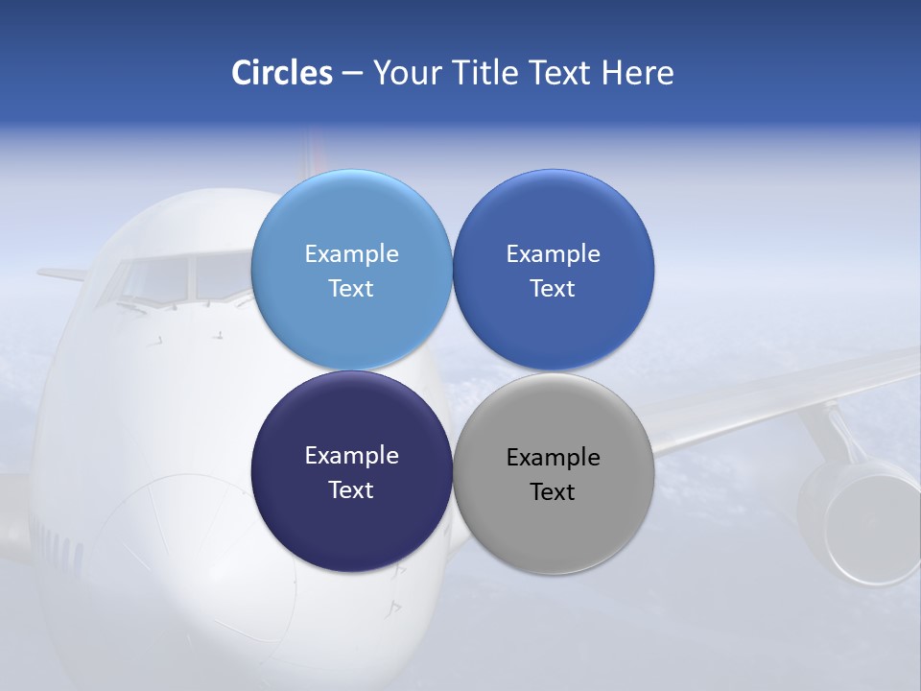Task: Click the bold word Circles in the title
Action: (x=282, y=73)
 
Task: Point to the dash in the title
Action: (x=352, y=74)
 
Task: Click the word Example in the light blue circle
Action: (x=351, y=253)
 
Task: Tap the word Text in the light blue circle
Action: (x=351, y=288)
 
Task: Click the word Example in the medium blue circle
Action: (x=553, y=253)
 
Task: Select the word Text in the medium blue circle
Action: (x=553, y=288)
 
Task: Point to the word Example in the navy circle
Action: (x=351, y=455)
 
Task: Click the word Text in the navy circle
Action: (x=351, y=489)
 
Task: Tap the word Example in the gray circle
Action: (x=553, y=457)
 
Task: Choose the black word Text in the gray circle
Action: (x=553, y=491)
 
